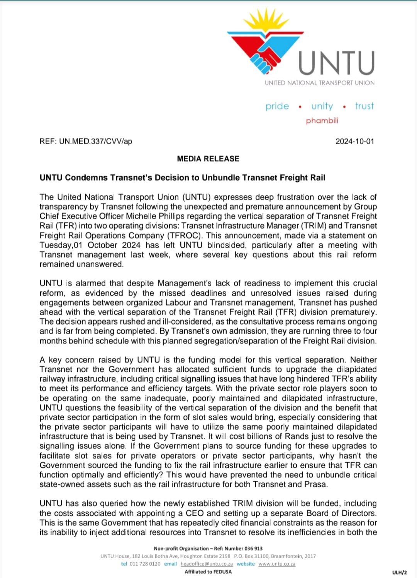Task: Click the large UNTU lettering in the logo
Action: click(x=336, y=63)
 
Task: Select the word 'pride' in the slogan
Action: click(x=277, y=106)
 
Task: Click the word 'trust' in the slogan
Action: click(x=364, y=106)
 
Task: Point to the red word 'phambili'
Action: click(x=322, y=121)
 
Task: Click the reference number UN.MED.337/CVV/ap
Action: click(x=95, y=141)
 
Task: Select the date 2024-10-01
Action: click(x=354, y=141)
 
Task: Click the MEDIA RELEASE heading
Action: click(x=208, y=159)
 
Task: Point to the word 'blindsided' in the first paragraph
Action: click(x=226, y=245)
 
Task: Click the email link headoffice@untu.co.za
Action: click(x=207, y=564)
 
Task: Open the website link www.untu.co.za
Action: click(x=277, y=564)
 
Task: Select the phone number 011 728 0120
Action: click(x=145, y=564)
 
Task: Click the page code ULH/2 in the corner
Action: click(x=399, y=573)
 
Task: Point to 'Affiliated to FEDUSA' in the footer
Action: click(x=208, y=572)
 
